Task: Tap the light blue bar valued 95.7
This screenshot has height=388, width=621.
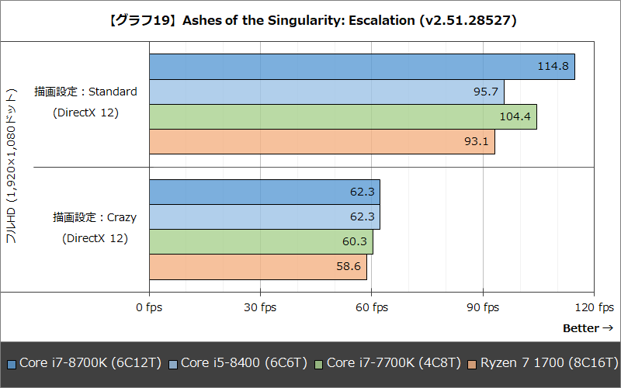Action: [326, 92]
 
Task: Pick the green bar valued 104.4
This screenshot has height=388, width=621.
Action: [342, 116]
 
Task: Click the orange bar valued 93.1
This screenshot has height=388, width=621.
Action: [321, 141]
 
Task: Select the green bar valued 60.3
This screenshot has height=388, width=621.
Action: [261, 242]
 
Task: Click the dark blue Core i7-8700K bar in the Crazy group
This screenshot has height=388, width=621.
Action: [264, 192]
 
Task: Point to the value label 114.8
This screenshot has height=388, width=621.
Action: [553, 67]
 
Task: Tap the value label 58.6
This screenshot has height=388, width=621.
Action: [349, 267]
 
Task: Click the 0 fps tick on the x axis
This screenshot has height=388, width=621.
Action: [149, 307]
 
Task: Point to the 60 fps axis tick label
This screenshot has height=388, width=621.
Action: [372, 307]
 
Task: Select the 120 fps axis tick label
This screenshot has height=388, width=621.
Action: [594, 307]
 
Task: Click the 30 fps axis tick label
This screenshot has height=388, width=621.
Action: [260, 307]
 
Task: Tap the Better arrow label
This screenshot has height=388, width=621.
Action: [588, 328]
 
